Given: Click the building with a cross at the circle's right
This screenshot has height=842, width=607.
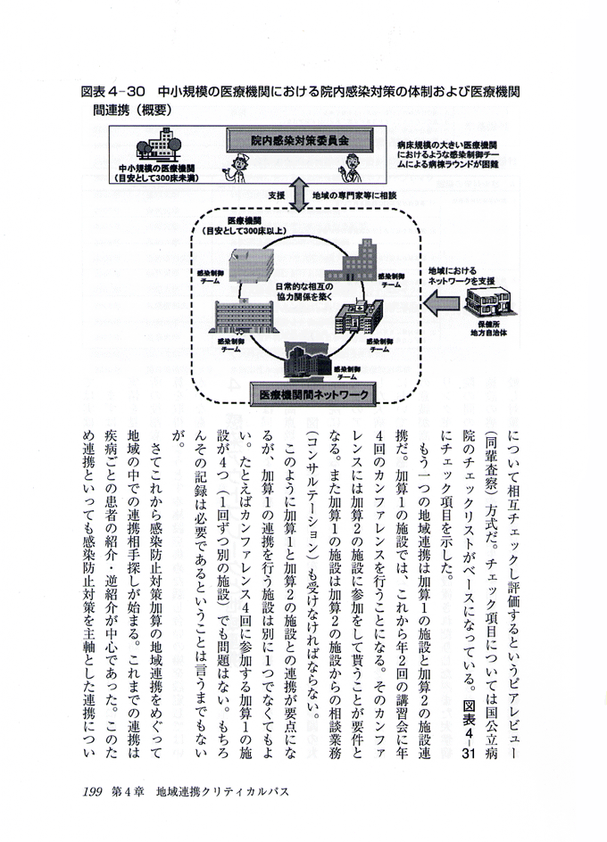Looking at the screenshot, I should [358, 311].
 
